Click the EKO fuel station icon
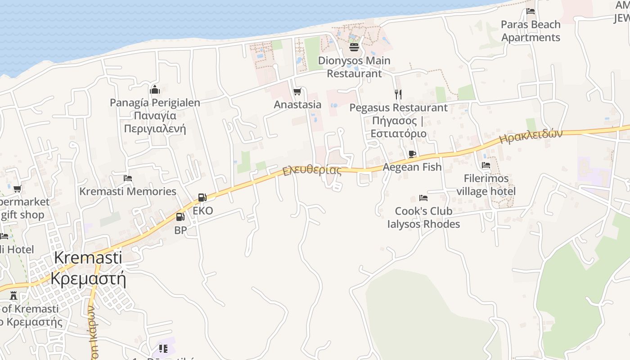pyautogui.click(x=202, y=198)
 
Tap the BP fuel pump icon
pyautogui.click(x=180, y=217)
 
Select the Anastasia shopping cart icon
pyautogui.click(x=297, y=92)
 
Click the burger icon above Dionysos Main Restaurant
pyautogui.click(x=354, y=47)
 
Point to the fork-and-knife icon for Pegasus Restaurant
pyautogui.click(x=398, y=94)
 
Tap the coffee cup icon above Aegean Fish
pyautogui.click(x=412, y=154)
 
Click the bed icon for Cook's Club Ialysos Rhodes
pyautogui.click(x=423, y=198)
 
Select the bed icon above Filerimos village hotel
pyautogui.click(x=486, y=165)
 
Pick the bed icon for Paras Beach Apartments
pyautogui.click(x=531, y=11)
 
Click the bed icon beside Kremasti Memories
pyautogui.click(x=128, y=178)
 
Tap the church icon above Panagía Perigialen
pyautogui.click(x=155, y=90)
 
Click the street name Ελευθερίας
pyautogui.click(x=312, y=171)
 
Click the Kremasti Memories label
pyautogui.click(x=128, y=191)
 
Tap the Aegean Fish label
pyautogui.click(x=412, y=167)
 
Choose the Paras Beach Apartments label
pyautogui.click(x=531, y=31)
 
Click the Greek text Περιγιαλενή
pyautogui.click(x=155, y=129)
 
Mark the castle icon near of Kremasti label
pyautogui.click(x=13, y=296)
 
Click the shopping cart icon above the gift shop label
pyautogui.click(x=17, y=189)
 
